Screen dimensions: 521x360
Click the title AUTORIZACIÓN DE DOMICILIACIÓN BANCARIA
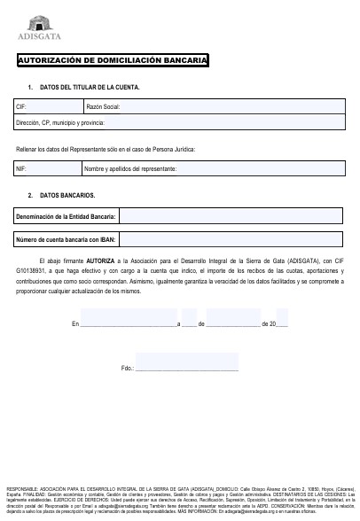click(113, 60)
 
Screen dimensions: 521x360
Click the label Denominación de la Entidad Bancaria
click(66, 216)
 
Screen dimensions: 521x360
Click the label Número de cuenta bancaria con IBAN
click(66, 239)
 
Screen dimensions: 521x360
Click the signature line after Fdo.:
click(186, 367)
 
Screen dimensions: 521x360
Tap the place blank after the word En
click(129, 325)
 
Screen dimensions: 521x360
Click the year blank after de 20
click(279, 325)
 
